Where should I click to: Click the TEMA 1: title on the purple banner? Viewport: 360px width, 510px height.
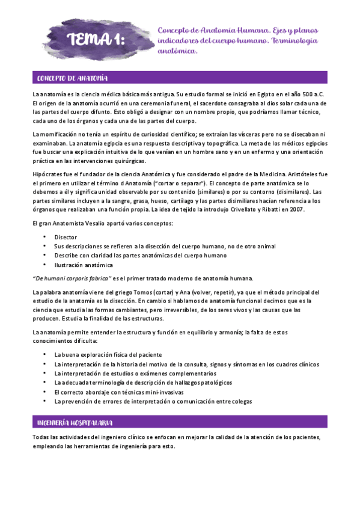96,40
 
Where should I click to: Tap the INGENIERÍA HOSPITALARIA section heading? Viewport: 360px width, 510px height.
76,423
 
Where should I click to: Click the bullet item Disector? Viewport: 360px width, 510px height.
66,238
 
